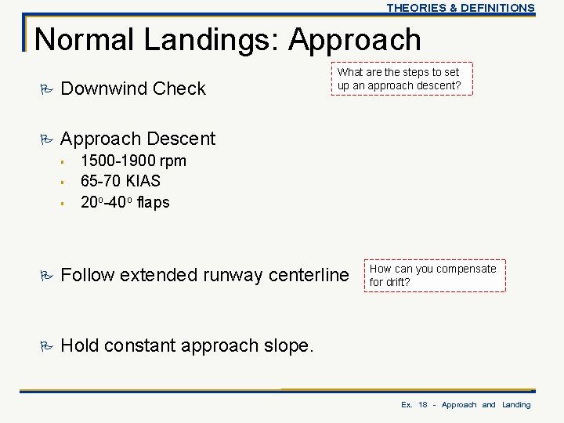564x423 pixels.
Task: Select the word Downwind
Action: click(x=103, y=89)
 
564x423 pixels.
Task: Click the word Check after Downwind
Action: click(x=179, y=89)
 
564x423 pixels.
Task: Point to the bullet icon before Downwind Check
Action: click(x=45, y=89)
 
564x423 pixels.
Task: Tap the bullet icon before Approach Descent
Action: click(x=45, y=139)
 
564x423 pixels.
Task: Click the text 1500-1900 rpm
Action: click(x=133, y=161)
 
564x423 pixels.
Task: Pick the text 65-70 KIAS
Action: click(x=121, y=182)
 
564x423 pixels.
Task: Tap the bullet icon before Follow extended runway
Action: click(x=45, y=275)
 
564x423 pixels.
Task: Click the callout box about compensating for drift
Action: click(x=433, y=275)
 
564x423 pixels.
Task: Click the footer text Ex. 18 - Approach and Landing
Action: click(x=465, y=404)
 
